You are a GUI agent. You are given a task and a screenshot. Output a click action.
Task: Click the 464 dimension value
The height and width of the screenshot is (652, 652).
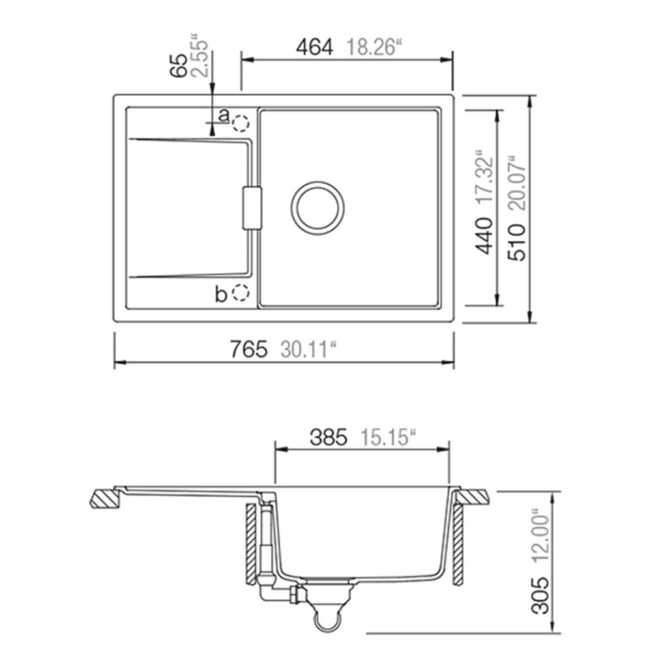pos(314,47)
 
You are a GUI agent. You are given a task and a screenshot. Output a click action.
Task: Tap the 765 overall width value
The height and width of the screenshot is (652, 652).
pos(248,349)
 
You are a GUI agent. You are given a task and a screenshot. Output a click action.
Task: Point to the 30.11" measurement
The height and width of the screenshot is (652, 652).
pos(308,349)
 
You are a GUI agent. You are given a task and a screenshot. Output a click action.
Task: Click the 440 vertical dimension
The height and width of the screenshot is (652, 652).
pos(484,235)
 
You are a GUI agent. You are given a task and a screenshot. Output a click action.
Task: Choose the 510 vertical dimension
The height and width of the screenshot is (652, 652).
pos(517,242)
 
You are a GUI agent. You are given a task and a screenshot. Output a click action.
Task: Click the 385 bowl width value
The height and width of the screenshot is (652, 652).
pos(328,437)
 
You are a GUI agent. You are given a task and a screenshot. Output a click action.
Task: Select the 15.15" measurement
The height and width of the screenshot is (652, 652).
pos(388,437)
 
